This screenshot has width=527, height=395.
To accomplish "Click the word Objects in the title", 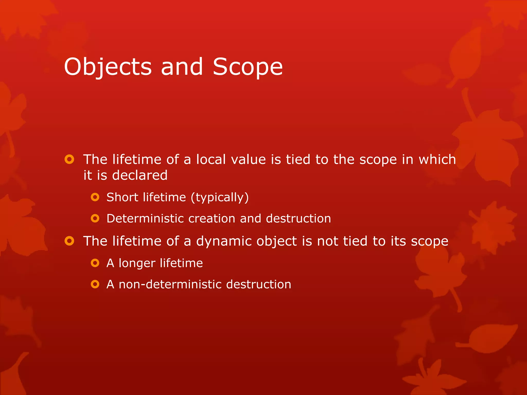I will tap(108, 67).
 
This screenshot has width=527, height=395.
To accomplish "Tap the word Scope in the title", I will tap(248, 67).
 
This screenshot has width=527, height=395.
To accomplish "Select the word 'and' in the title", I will tap(182, 67).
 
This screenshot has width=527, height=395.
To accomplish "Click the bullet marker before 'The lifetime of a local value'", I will tap(69, 159).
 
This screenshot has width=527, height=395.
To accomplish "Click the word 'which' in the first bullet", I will tap(437, 159).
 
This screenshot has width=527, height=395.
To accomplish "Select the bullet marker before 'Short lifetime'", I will tap(95, 197).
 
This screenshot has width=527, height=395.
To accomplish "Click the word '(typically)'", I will tap(220, 197).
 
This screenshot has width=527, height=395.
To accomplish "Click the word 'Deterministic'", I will tap(145, 219).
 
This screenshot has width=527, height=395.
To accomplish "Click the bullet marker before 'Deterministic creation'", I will tap(95, 219).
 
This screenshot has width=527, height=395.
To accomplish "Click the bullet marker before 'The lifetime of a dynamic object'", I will tap(69, 241).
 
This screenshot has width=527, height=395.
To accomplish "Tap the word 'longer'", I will tap(137, 263).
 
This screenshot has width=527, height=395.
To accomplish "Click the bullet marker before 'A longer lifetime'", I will tap(95, 263).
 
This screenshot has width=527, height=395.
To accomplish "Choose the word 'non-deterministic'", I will tap(170, 284).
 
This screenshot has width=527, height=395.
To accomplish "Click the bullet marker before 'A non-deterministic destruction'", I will tap(95, 284).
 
